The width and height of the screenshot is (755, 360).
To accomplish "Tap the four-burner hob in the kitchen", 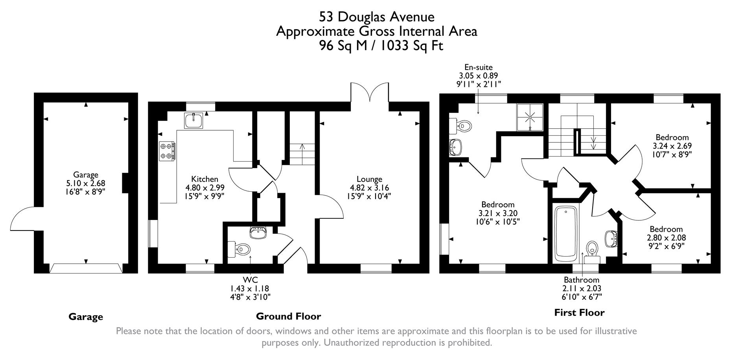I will (167, 151).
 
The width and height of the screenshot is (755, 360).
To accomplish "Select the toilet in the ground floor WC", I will (241, 249).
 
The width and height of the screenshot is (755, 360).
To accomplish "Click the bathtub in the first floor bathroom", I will (565, 234).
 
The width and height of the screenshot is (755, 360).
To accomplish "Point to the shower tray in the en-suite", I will (530, 116).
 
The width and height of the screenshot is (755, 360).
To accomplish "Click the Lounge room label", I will (369, 179).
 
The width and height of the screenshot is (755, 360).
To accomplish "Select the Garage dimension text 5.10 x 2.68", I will (86, 183).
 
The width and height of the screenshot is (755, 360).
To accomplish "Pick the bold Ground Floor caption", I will (288, 316).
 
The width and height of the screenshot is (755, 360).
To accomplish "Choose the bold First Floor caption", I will (579, 313).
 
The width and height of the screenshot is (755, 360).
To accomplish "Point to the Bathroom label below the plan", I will (581, 280).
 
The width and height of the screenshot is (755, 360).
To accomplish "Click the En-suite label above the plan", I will (478, 67).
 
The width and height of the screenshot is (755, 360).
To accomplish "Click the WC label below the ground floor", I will (250, 280).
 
